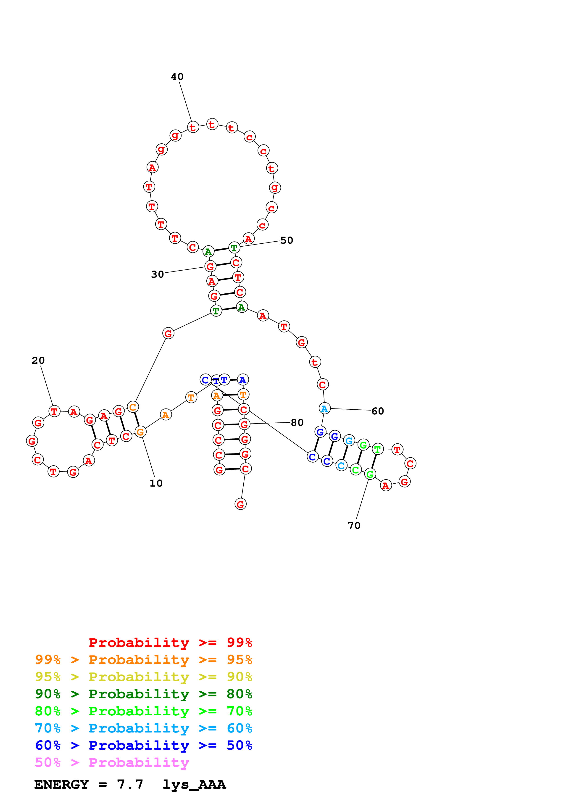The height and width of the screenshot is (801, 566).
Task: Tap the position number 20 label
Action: click(x=38, y=360)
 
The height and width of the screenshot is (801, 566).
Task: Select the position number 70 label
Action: click(x=354, y=525)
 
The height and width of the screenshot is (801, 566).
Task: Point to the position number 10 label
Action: click(x=156, y=483)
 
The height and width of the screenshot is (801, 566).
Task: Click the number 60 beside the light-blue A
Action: click(x=377, y=411)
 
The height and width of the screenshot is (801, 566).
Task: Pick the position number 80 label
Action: click(x=297, y=422)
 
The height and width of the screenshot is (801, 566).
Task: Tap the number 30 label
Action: click(x=157, y=274)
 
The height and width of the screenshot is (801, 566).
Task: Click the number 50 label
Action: click(x=287, y=240)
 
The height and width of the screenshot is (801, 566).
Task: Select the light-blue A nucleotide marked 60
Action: click(x=324, y=408)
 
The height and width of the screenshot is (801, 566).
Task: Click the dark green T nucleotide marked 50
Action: click(x=234, y=248)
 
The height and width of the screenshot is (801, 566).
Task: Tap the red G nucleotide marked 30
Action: click(x=210, y=266)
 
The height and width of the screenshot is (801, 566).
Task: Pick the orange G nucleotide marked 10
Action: click(x=140, y=432)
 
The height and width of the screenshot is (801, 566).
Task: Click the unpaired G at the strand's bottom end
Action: click(x=240, y=504)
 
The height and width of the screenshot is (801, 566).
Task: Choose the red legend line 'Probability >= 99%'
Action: click(x=170, y=643)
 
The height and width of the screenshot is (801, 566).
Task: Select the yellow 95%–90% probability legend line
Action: click(x=143, y=677)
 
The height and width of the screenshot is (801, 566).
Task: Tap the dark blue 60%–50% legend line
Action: click(x=143, y=745)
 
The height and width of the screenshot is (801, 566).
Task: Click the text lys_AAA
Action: click(x=194, y=784)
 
